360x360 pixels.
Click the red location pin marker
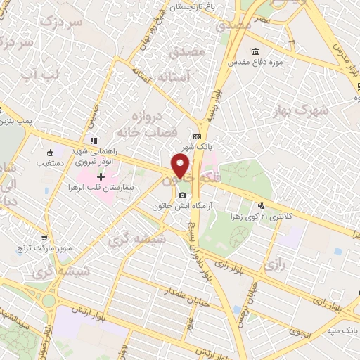pos(181,167)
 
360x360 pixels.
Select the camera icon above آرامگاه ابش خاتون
pos(182,195)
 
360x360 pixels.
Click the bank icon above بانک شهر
pos(197,137)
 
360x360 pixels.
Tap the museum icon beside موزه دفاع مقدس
pos(255,51)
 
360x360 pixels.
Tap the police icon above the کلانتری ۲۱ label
pos(262,206)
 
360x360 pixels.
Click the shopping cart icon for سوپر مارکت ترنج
pos(44,237)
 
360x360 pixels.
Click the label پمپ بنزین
pos(17,122)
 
